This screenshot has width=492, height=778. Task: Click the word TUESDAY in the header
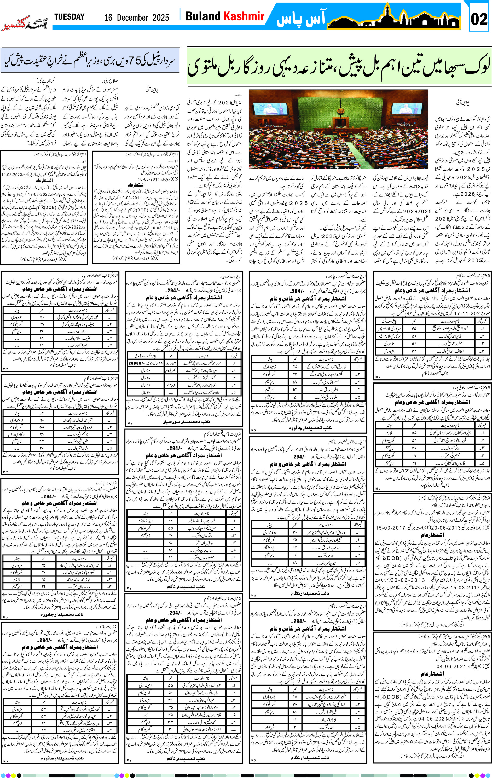pyautogui.click(x=69, y=17)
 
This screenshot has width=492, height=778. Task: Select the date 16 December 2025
pyautogui.click(x=137, y=18)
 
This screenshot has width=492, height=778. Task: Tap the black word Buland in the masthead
pyautogui.click(x=202, y=16)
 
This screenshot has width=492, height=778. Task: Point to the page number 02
pyautogui.click(x=479, y=19)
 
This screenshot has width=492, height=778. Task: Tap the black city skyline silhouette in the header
pyautogui.click(x=394, y=18)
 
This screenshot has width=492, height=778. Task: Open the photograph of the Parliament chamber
pyautogui.click(x=338, y=129)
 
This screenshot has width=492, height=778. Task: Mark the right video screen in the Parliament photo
pyautogui.click(x=410, y=109)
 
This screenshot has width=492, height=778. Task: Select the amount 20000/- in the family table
pyautogui.click(x=137, y=363)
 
